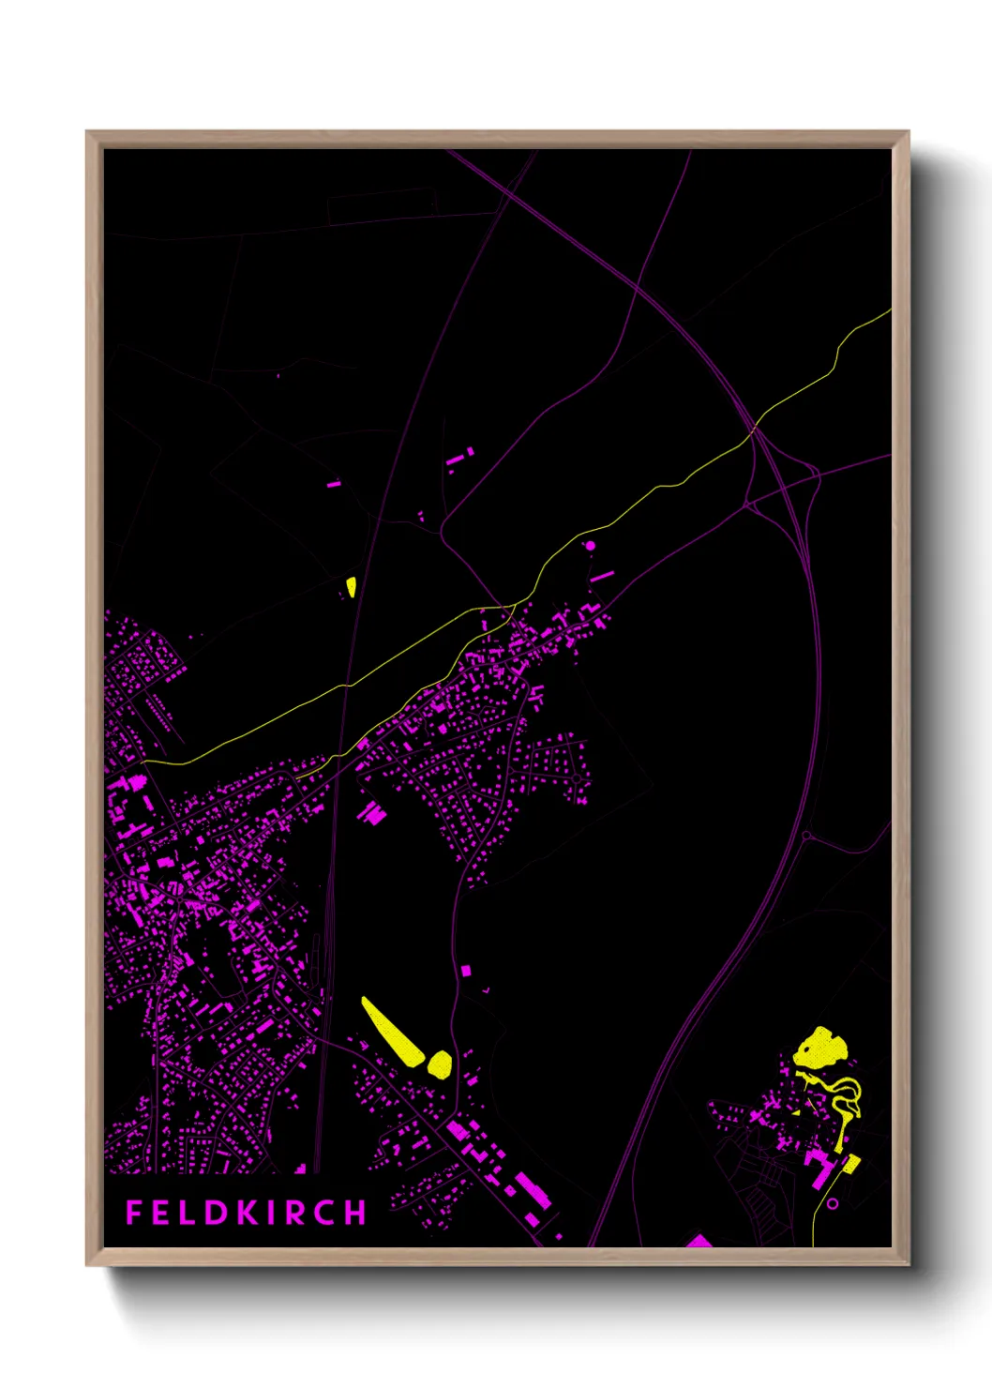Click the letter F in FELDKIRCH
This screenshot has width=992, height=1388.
pos(133,1213)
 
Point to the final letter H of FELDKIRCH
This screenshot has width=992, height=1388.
pos(355,1213)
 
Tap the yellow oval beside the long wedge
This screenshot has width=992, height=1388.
pos(439,1064)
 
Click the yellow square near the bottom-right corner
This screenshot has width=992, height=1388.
pos(851,1164)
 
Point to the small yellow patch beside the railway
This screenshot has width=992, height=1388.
pos(351,587)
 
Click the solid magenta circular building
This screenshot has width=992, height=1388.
pos(591,545)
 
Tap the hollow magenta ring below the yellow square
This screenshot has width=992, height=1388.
pos(832,1203)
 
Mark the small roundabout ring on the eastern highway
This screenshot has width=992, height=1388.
pos(806,835)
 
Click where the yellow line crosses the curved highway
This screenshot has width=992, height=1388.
pos(753,430)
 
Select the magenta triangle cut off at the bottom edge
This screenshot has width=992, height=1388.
pos(699,1242)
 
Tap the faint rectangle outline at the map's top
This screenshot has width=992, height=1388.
pos(382,206)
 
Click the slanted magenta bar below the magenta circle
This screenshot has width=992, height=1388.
pos(602,576)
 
